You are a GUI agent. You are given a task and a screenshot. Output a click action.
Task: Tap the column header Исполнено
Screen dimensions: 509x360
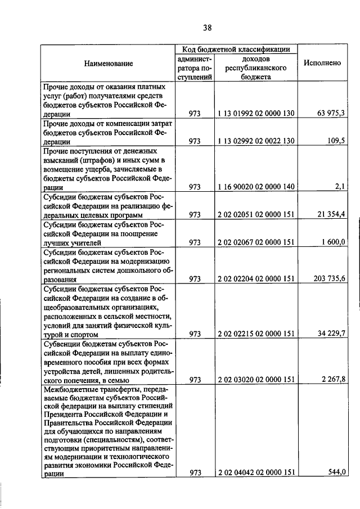[x=322, y=64]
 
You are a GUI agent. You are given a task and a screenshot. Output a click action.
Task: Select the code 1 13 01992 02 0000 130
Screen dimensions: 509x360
[x=256, y=114]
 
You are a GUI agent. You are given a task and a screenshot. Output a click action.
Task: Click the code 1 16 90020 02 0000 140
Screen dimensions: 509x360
[x=256, y=187]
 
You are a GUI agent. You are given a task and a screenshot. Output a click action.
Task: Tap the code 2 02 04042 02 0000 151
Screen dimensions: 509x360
[x=256, y=473]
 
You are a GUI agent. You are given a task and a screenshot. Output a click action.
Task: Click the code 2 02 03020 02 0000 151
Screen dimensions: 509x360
[x=256, y=380]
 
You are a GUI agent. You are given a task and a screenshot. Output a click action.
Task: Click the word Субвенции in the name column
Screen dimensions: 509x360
[x=60, y=343]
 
